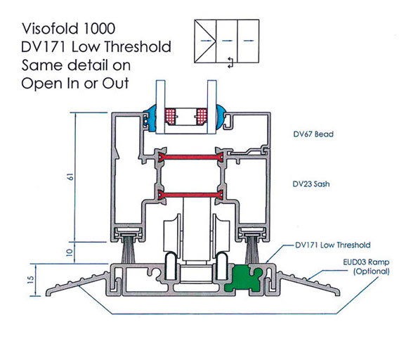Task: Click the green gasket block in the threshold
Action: (x=243, y=278)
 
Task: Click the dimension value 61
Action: (x=70, y=176)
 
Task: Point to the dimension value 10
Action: (x=70, y=252)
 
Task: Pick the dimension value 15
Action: (x=30, y=280)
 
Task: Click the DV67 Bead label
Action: (x=313, y=134)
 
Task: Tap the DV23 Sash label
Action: (x=311, y=184)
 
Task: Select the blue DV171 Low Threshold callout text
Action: (x=332, y=245)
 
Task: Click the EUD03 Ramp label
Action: (x=366, y=262)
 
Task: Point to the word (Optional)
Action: (x=372, y=271)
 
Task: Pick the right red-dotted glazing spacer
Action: (x=202, y=117)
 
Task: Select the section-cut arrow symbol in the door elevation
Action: (x=230, y=63)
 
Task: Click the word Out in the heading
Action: (x=115, y=83)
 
